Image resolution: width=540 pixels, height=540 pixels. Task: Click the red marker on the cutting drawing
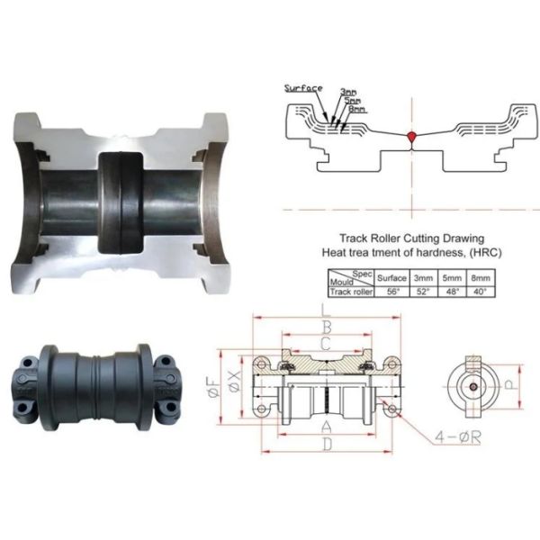coord(411,137)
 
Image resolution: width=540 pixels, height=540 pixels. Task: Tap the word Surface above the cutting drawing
coord(302,88)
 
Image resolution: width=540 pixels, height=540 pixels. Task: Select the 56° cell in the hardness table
coord(391,292)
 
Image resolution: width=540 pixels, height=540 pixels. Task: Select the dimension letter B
coord(326,327)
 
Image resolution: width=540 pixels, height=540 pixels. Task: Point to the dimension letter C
coord(326,343)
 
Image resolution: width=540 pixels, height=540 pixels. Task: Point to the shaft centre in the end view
coord(473,383)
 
